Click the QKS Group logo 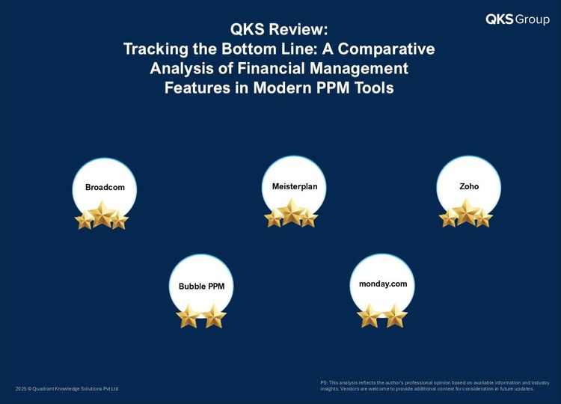[518, 19]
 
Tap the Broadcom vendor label [105, 187]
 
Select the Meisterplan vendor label [295, 186]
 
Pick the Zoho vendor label [469, 186]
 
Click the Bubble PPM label [201, 287]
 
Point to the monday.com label [383, 284]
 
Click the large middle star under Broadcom [102, 214]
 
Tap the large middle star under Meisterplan [292, 212]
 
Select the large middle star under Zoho [466, 212]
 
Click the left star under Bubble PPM [188, 316]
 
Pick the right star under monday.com [395, 316]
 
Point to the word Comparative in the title [387, 49]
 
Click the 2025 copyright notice [67, 388]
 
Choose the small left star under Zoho [448, 218]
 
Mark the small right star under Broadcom [120, 220]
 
